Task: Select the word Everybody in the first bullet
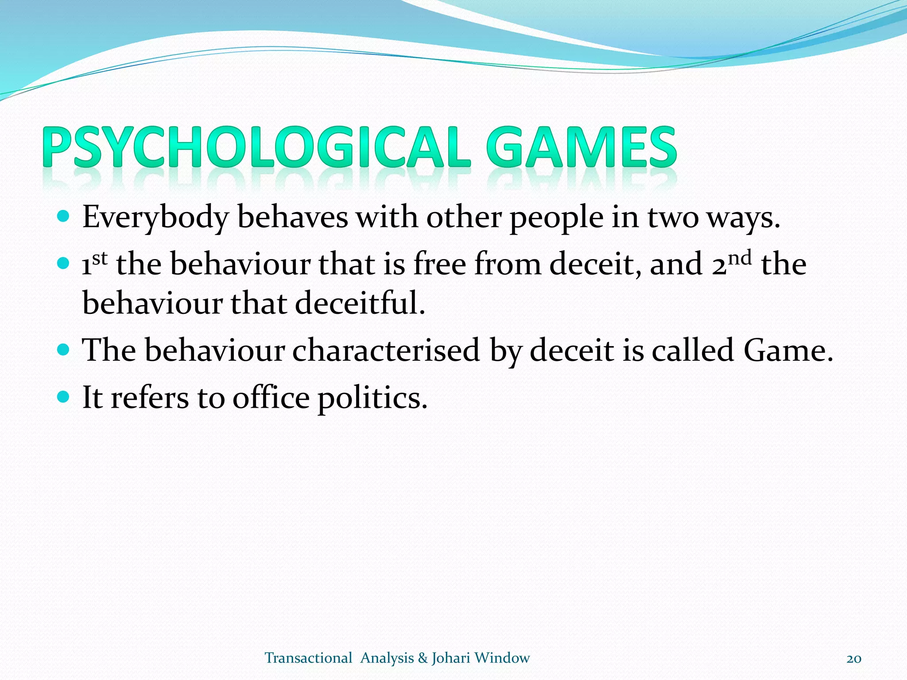click(x=155, y=218)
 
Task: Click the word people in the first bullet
click(x=556, y=218)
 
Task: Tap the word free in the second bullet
click(x=439, y=264)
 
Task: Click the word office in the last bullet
click(x=271, y=398)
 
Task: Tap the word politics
click(x=372, y=398)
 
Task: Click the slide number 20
click(x=853, y=659)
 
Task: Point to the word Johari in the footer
click(x=450, y=658)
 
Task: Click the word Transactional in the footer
click(x=308, y=658)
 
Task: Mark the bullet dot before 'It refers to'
click(x=64, y=397)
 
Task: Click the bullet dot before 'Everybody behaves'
click(x=64, y=217)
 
